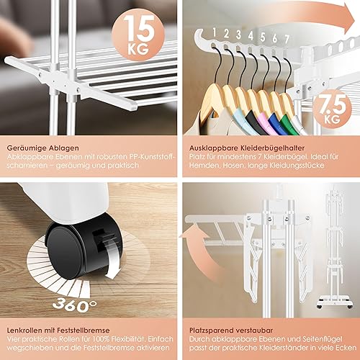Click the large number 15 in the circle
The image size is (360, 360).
pos(140,28)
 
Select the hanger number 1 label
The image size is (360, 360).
pos(214,32)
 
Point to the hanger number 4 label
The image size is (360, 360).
pos(251,36)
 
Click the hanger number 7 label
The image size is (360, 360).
pos(287,39)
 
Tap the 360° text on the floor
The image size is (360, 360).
pos(75,305)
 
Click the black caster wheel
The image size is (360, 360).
pos(83,251)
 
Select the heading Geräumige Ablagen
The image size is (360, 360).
pos(42,148)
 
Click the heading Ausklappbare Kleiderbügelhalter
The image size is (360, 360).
pos(247,148)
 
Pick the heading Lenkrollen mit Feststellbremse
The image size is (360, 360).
pos(58,330)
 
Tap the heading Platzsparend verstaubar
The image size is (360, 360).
pos(231,330)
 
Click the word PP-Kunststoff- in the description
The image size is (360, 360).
pos(153,157)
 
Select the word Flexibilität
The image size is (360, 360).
pos(127,339)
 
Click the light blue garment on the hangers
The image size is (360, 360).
pos(240,117)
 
